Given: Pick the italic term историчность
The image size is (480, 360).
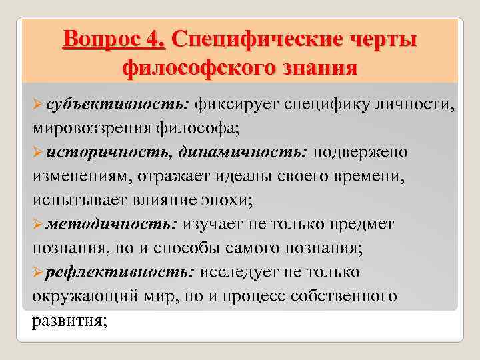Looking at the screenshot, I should [109, 152].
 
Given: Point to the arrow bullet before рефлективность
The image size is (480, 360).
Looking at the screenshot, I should [38, 273].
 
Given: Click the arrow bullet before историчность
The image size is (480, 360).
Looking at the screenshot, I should [38, 153].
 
